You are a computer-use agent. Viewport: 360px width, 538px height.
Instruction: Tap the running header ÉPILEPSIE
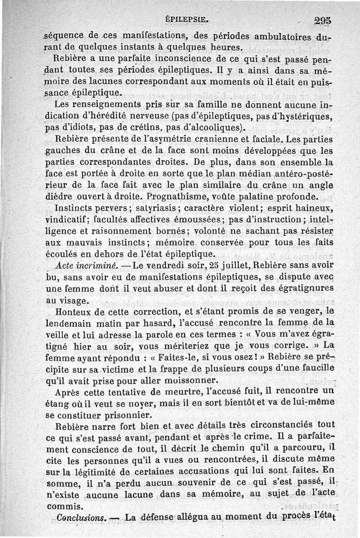pyautogui.click(x=186, y=19)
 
